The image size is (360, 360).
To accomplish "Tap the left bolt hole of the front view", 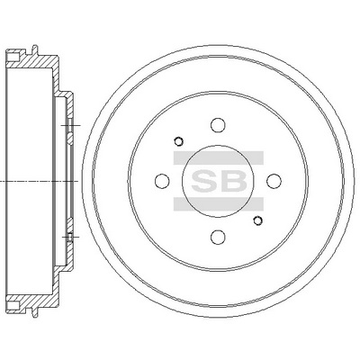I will (x=162, y=180).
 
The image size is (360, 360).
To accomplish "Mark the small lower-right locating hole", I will (x=259, y=221).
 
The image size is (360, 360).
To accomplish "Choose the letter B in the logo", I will (x=231, y=180).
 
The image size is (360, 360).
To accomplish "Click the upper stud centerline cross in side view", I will (x=67, y=123).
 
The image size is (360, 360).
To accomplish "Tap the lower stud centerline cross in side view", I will (x=67, y=238).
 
